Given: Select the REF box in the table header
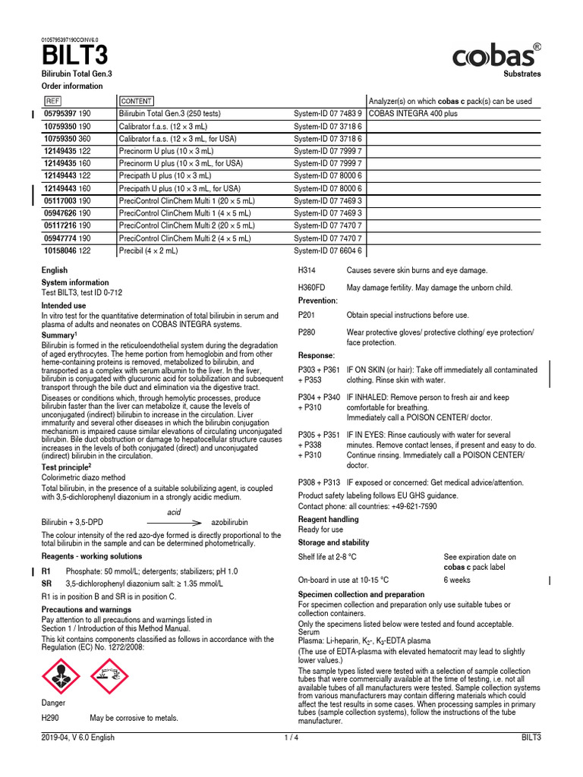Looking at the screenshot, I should (x=52, y=101).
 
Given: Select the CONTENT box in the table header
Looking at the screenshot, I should (x=137, y=101).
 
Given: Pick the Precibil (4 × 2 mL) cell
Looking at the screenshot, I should (x=149, y=250).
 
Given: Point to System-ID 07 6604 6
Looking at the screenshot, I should (x=328, y=250).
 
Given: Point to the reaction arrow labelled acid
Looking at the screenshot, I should (x=174, y=523).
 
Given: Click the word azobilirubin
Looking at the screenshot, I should (x=231, y=523).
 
